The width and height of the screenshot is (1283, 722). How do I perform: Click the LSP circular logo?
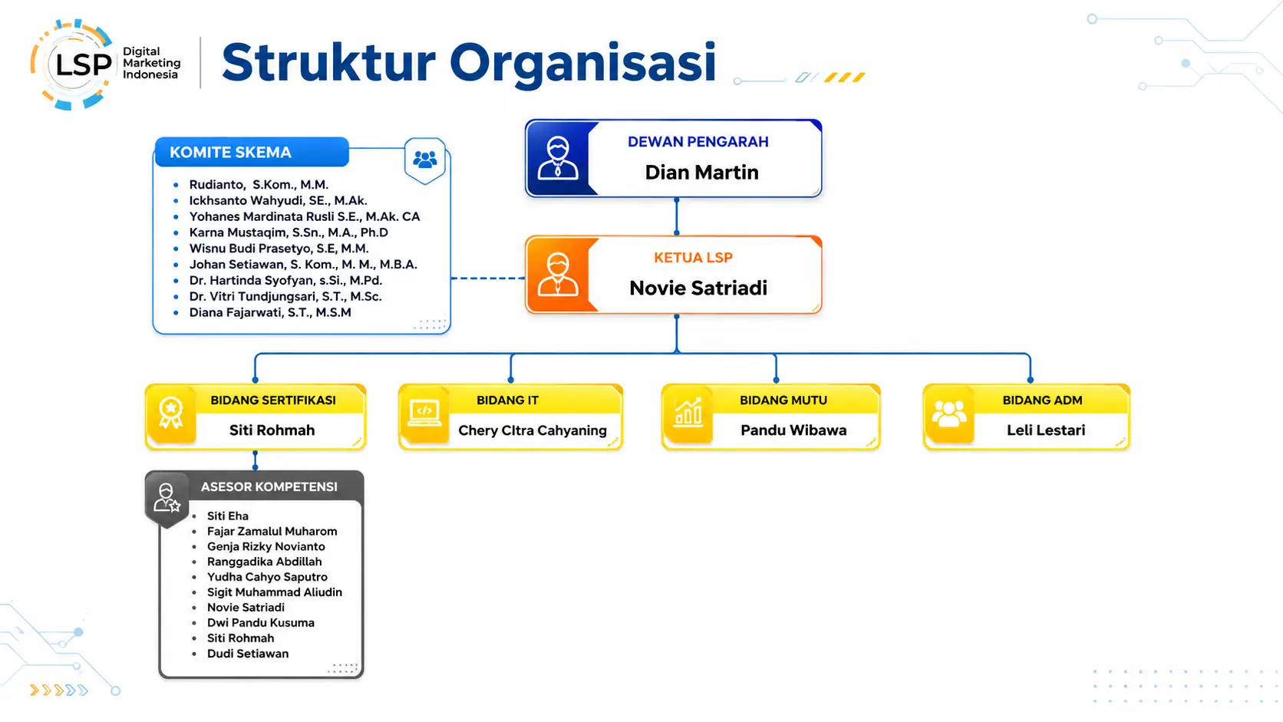pos(71,64)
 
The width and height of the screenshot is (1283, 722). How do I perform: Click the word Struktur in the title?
pos(328,62)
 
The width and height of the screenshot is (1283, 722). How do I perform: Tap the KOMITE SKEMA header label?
pos(230,152)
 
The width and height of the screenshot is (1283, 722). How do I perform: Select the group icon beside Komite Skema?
pos(424,159)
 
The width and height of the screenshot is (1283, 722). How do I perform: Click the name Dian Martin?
pos(701,173)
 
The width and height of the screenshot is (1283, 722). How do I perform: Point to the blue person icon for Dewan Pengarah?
pos(557,158)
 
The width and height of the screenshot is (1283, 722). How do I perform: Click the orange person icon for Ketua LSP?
pos(557,274)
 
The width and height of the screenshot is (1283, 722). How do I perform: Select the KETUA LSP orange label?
pos(693,258)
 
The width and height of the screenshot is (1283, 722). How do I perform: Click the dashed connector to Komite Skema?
pos(487,279)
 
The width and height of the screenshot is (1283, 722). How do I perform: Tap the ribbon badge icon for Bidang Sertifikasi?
pos(170,413)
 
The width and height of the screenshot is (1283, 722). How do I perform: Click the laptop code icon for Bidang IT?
pos(424,413)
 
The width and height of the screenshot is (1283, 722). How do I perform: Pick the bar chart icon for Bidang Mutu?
pos(688,412)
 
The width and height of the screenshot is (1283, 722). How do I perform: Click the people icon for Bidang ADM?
pos(949,414)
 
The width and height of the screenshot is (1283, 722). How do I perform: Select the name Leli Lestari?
pos(1046,430)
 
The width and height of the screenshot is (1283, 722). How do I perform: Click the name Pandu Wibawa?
pos(793,430)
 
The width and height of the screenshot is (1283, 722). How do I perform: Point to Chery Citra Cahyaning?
pos(532,430)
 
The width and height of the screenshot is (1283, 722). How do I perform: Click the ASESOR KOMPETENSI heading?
pos(269,486)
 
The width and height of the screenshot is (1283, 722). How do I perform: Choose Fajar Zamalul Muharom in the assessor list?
pos(272,532)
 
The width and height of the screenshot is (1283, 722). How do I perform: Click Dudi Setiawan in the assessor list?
pos(248,653)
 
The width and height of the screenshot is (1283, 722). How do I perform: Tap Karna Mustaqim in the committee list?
pos(289,232)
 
